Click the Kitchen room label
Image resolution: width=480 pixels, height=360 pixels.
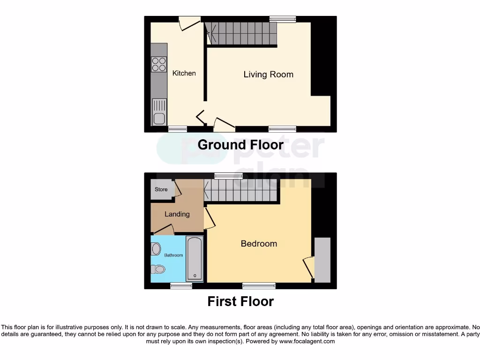pos(184,73)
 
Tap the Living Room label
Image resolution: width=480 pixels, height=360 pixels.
pos(268,75)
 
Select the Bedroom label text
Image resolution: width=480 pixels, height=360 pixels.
pos(259,244)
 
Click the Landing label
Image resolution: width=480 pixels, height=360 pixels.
pos(177,214)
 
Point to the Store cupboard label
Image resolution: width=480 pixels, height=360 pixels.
pos(161,190)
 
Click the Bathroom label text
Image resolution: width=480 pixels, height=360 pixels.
pos(173,255)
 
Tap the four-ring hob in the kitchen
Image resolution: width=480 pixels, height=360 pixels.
pos(159,64)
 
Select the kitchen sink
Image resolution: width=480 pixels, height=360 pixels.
pos(159,112)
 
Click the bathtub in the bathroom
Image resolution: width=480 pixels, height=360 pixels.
pos(195,258)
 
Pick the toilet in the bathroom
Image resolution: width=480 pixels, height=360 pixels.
pos(158,269)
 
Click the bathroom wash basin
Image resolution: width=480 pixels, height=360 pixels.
pos(156,249)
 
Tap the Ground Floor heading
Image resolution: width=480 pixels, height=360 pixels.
pos(240,145)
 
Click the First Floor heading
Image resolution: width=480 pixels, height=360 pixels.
pos(240,301)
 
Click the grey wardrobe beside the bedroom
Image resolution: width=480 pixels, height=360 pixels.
pos(322,260)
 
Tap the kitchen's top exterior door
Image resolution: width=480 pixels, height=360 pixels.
pos(190,22)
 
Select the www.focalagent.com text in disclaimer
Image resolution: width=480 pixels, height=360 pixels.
pos(307,342)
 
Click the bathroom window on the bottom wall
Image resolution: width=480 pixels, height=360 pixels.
pos(178,285)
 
